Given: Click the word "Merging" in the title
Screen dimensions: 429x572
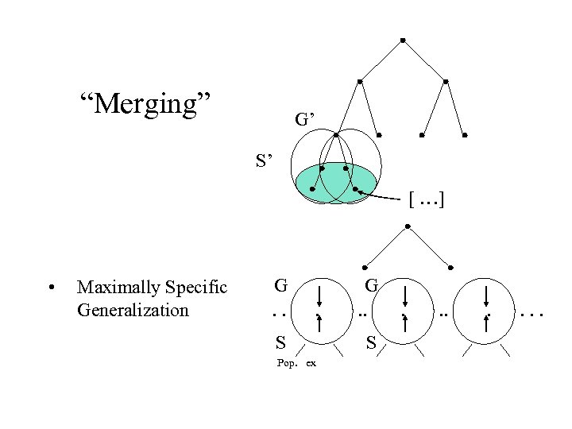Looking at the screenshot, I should (x=145, y=102).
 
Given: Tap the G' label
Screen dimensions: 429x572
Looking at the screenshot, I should (x=306, y=120).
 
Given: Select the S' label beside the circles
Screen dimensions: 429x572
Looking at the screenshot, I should (x=265, y=161).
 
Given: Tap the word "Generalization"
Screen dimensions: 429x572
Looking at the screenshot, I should (x=133, y=309).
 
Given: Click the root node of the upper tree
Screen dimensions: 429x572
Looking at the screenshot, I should (x=404, y=39).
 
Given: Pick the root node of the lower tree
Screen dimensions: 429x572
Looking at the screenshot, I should (x=408, y=226).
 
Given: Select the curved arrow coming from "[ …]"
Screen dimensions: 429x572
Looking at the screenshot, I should (x=385, y=196).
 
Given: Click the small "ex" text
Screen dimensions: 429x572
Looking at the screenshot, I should (x=311, y=363).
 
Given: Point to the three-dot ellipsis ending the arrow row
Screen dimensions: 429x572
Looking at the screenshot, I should (x=531, y=315).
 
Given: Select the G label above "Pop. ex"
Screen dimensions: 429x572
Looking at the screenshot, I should (x=280, y=284).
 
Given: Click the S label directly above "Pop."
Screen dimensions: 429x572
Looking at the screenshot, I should (x=280, y=343).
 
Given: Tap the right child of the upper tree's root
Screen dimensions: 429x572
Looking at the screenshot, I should (x=446, y=81).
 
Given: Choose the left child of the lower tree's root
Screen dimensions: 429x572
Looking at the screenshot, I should (x=365, y=266).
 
